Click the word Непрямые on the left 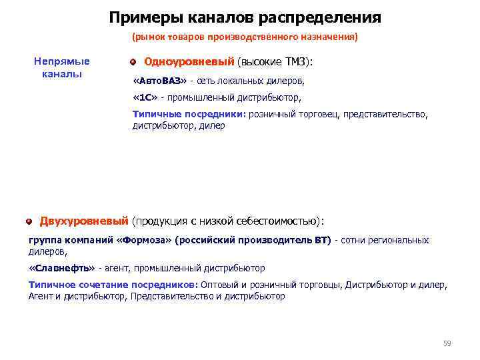[x=61, y=61]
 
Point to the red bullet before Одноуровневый [x=133, y=62]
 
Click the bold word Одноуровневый [x=189, y=62]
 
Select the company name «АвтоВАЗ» [x=160, y=81]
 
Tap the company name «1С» [x=146, y=97]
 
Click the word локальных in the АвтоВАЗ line [x=241, y=81]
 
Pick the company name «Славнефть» [x=62, y=268]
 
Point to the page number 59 [x=447, y=343]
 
